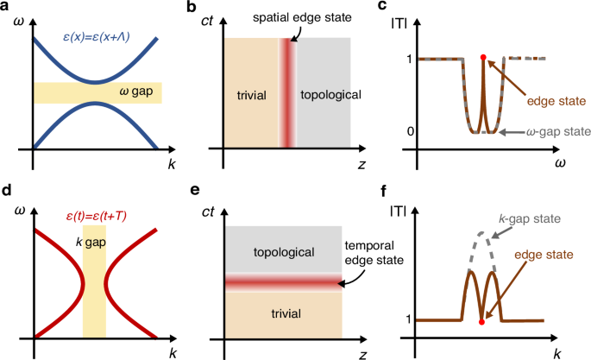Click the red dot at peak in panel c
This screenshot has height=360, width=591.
click(x=483, y=58)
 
